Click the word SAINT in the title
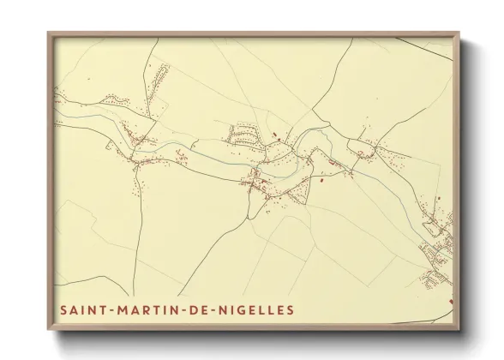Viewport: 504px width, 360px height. click(x=80, y=307)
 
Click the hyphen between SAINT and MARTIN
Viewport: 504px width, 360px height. click(x=105, y=307)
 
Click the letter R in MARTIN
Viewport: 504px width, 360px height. click(x=141, y=307)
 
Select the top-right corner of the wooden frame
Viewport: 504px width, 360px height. click(x=460, y=33)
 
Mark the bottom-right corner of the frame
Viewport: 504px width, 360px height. click(x=460, y=328)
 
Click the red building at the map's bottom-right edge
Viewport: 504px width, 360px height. click(x=451, y=300)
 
